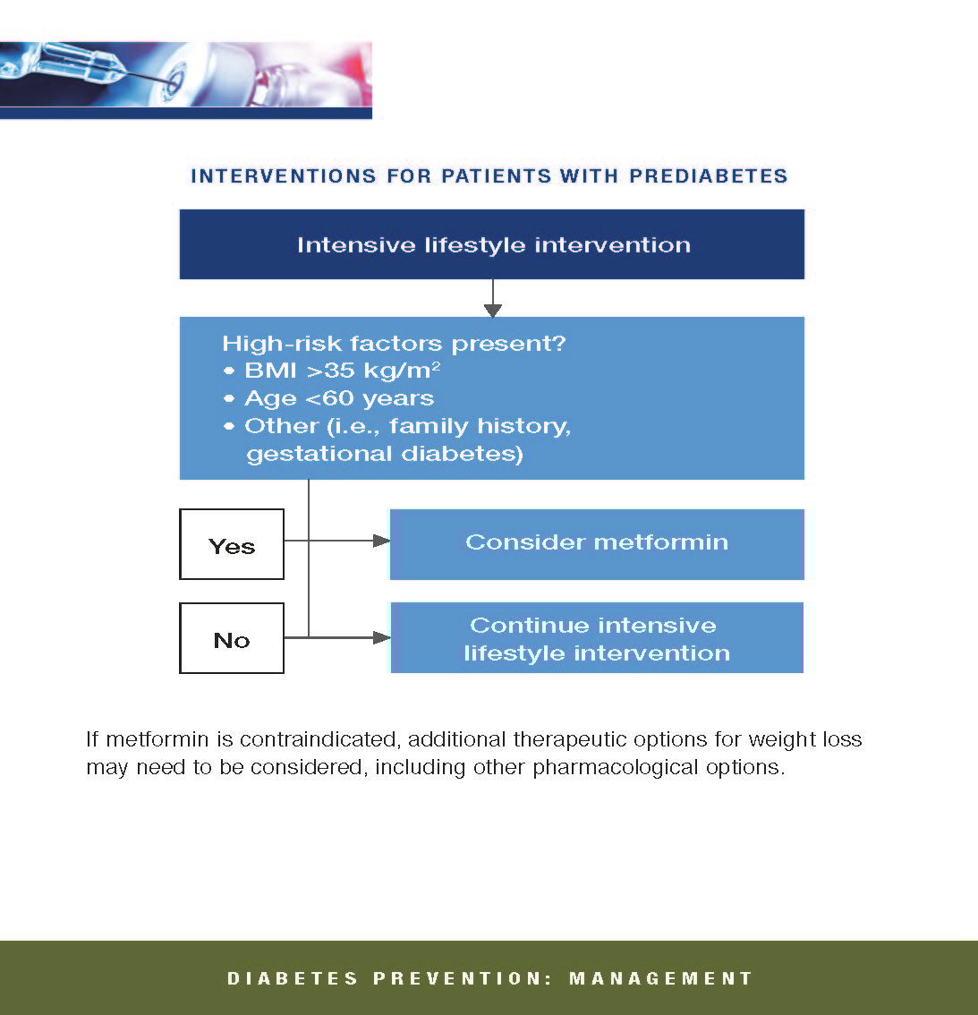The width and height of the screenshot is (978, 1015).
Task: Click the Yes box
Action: tap(232, 544)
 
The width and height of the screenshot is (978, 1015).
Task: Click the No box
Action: tap(232, 638)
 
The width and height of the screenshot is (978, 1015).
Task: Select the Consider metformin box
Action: tap(597, 544)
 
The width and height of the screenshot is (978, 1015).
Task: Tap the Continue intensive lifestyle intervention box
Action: tap(597, 637)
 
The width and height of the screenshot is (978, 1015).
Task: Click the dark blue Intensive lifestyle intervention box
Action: tap(492, 244)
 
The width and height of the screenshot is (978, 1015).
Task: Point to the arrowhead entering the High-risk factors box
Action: tap(492, 311)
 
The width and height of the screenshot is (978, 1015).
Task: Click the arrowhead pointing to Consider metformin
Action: tap(382, 541)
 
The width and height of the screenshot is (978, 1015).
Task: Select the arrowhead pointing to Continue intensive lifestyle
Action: tap(382, 637)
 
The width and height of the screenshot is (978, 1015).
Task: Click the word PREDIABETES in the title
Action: tap(708, 176)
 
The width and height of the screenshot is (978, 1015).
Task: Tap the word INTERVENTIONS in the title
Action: tap(284, 176)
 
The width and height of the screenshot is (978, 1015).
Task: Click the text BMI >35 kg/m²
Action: tap(343, 371)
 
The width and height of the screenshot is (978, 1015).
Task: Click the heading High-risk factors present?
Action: tap(394, 343)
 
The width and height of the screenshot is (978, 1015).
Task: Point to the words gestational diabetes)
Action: tap(385, 454)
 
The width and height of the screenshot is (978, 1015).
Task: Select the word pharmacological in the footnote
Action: tap(615, 767)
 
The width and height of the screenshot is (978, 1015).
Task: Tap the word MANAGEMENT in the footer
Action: tap(660, 978)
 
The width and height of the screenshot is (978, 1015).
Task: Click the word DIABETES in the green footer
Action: tap(293, 978)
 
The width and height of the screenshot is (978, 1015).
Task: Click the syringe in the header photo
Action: tap(78, 64)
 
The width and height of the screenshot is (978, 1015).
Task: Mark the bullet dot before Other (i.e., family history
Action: tap(228, 426)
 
